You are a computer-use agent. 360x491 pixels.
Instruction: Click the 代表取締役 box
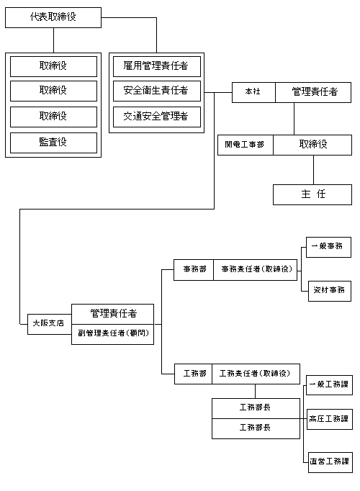(53, 17)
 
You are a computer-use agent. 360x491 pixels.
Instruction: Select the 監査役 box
(53, 143)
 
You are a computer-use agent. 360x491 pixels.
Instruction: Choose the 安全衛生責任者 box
(156, 91)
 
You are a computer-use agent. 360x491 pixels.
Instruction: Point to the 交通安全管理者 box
(156, 116)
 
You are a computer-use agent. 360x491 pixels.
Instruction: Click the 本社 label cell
(253, 92)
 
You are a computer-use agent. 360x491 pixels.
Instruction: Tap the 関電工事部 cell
(245, 145)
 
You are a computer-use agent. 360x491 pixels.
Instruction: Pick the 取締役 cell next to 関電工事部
(313, 145)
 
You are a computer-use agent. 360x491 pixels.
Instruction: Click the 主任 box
(312, 194)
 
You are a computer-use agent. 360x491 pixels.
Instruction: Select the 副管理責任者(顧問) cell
(112, 334)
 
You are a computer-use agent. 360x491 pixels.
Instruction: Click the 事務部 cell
(194, 269)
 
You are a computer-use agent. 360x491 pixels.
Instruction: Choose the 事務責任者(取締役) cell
(256, 269)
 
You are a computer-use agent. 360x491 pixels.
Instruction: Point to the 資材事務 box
(329, 291)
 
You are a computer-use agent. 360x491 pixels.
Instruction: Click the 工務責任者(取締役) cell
(256, 374)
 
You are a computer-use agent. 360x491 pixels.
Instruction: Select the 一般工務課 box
(329, 384)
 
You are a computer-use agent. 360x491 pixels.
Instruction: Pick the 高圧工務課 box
(329, 418)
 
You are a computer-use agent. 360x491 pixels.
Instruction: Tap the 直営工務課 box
(329, 461)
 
